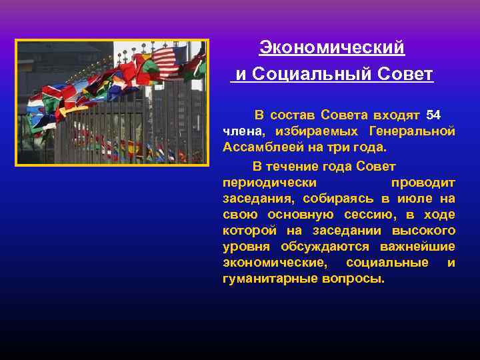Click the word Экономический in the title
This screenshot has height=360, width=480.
(332, 48)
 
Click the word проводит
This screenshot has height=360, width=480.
(423, 182)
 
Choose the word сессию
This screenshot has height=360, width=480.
(369, 214)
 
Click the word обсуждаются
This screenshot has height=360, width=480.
(312, 246)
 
